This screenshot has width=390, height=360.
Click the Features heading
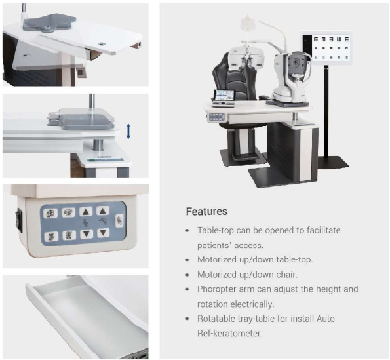(206, 211)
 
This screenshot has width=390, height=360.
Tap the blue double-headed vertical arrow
(128, 131)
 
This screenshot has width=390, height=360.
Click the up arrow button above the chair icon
(86, 212)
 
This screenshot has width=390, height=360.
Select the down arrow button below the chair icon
(87, 234)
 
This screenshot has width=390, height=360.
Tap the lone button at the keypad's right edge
(119, 221)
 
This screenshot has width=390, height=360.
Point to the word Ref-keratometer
(230, 333)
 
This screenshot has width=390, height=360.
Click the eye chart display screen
(326, 47)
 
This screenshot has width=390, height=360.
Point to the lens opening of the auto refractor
(296, 62)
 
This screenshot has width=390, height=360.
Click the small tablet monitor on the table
(224, 95)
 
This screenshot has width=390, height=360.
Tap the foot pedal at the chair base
(244, 156)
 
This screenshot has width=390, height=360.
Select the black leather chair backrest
(234, 77)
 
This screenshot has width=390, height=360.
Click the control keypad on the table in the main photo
(217, 117)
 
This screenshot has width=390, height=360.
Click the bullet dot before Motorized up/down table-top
(187, 260)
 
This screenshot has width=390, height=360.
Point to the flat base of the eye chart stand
(333, 162)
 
